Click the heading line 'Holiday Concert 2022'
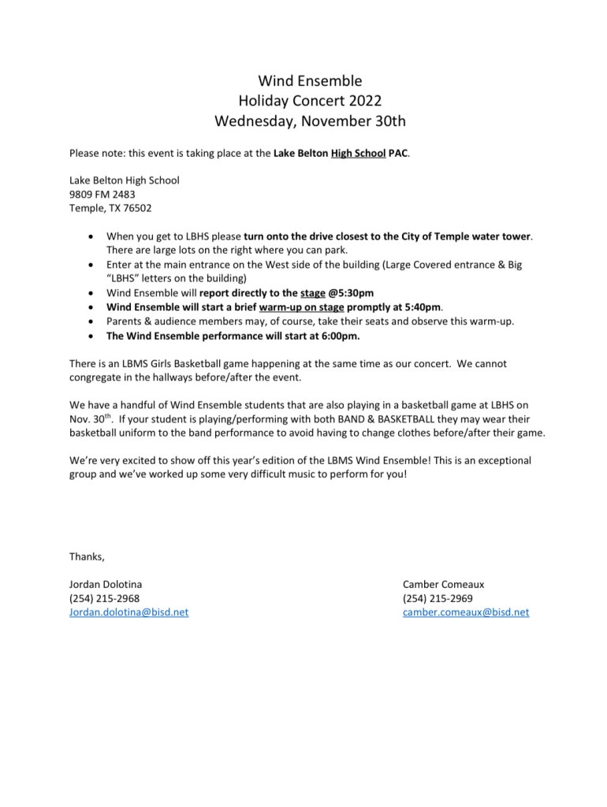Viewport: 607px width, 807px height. (303, 101)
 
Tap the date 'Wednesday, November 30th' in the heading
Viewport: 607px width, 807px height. (303, 121)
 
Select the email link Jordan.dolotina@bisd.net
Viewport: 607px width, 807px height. (129, 612)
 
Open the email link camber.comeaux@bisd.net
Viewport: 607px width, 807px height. (465, 612)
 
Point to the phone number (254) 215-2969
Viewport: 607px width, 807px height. (438, 598)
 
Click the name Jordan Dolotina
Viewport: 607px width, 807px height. (106, 584)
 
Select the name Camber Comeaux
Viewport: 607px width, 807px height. (443, 584)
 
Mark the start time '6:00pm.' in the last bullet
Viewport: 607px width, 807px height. (337, 335)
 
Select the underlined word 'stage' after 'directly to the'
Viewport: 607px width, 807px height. (313, 292)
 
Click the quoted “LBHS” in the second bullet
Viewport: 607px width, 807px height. (123, 278)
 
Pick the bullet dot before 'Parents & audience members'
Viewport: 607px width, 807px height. (95, 322)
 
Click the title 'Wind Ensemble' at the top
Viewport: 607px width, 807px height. (303, 80)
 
